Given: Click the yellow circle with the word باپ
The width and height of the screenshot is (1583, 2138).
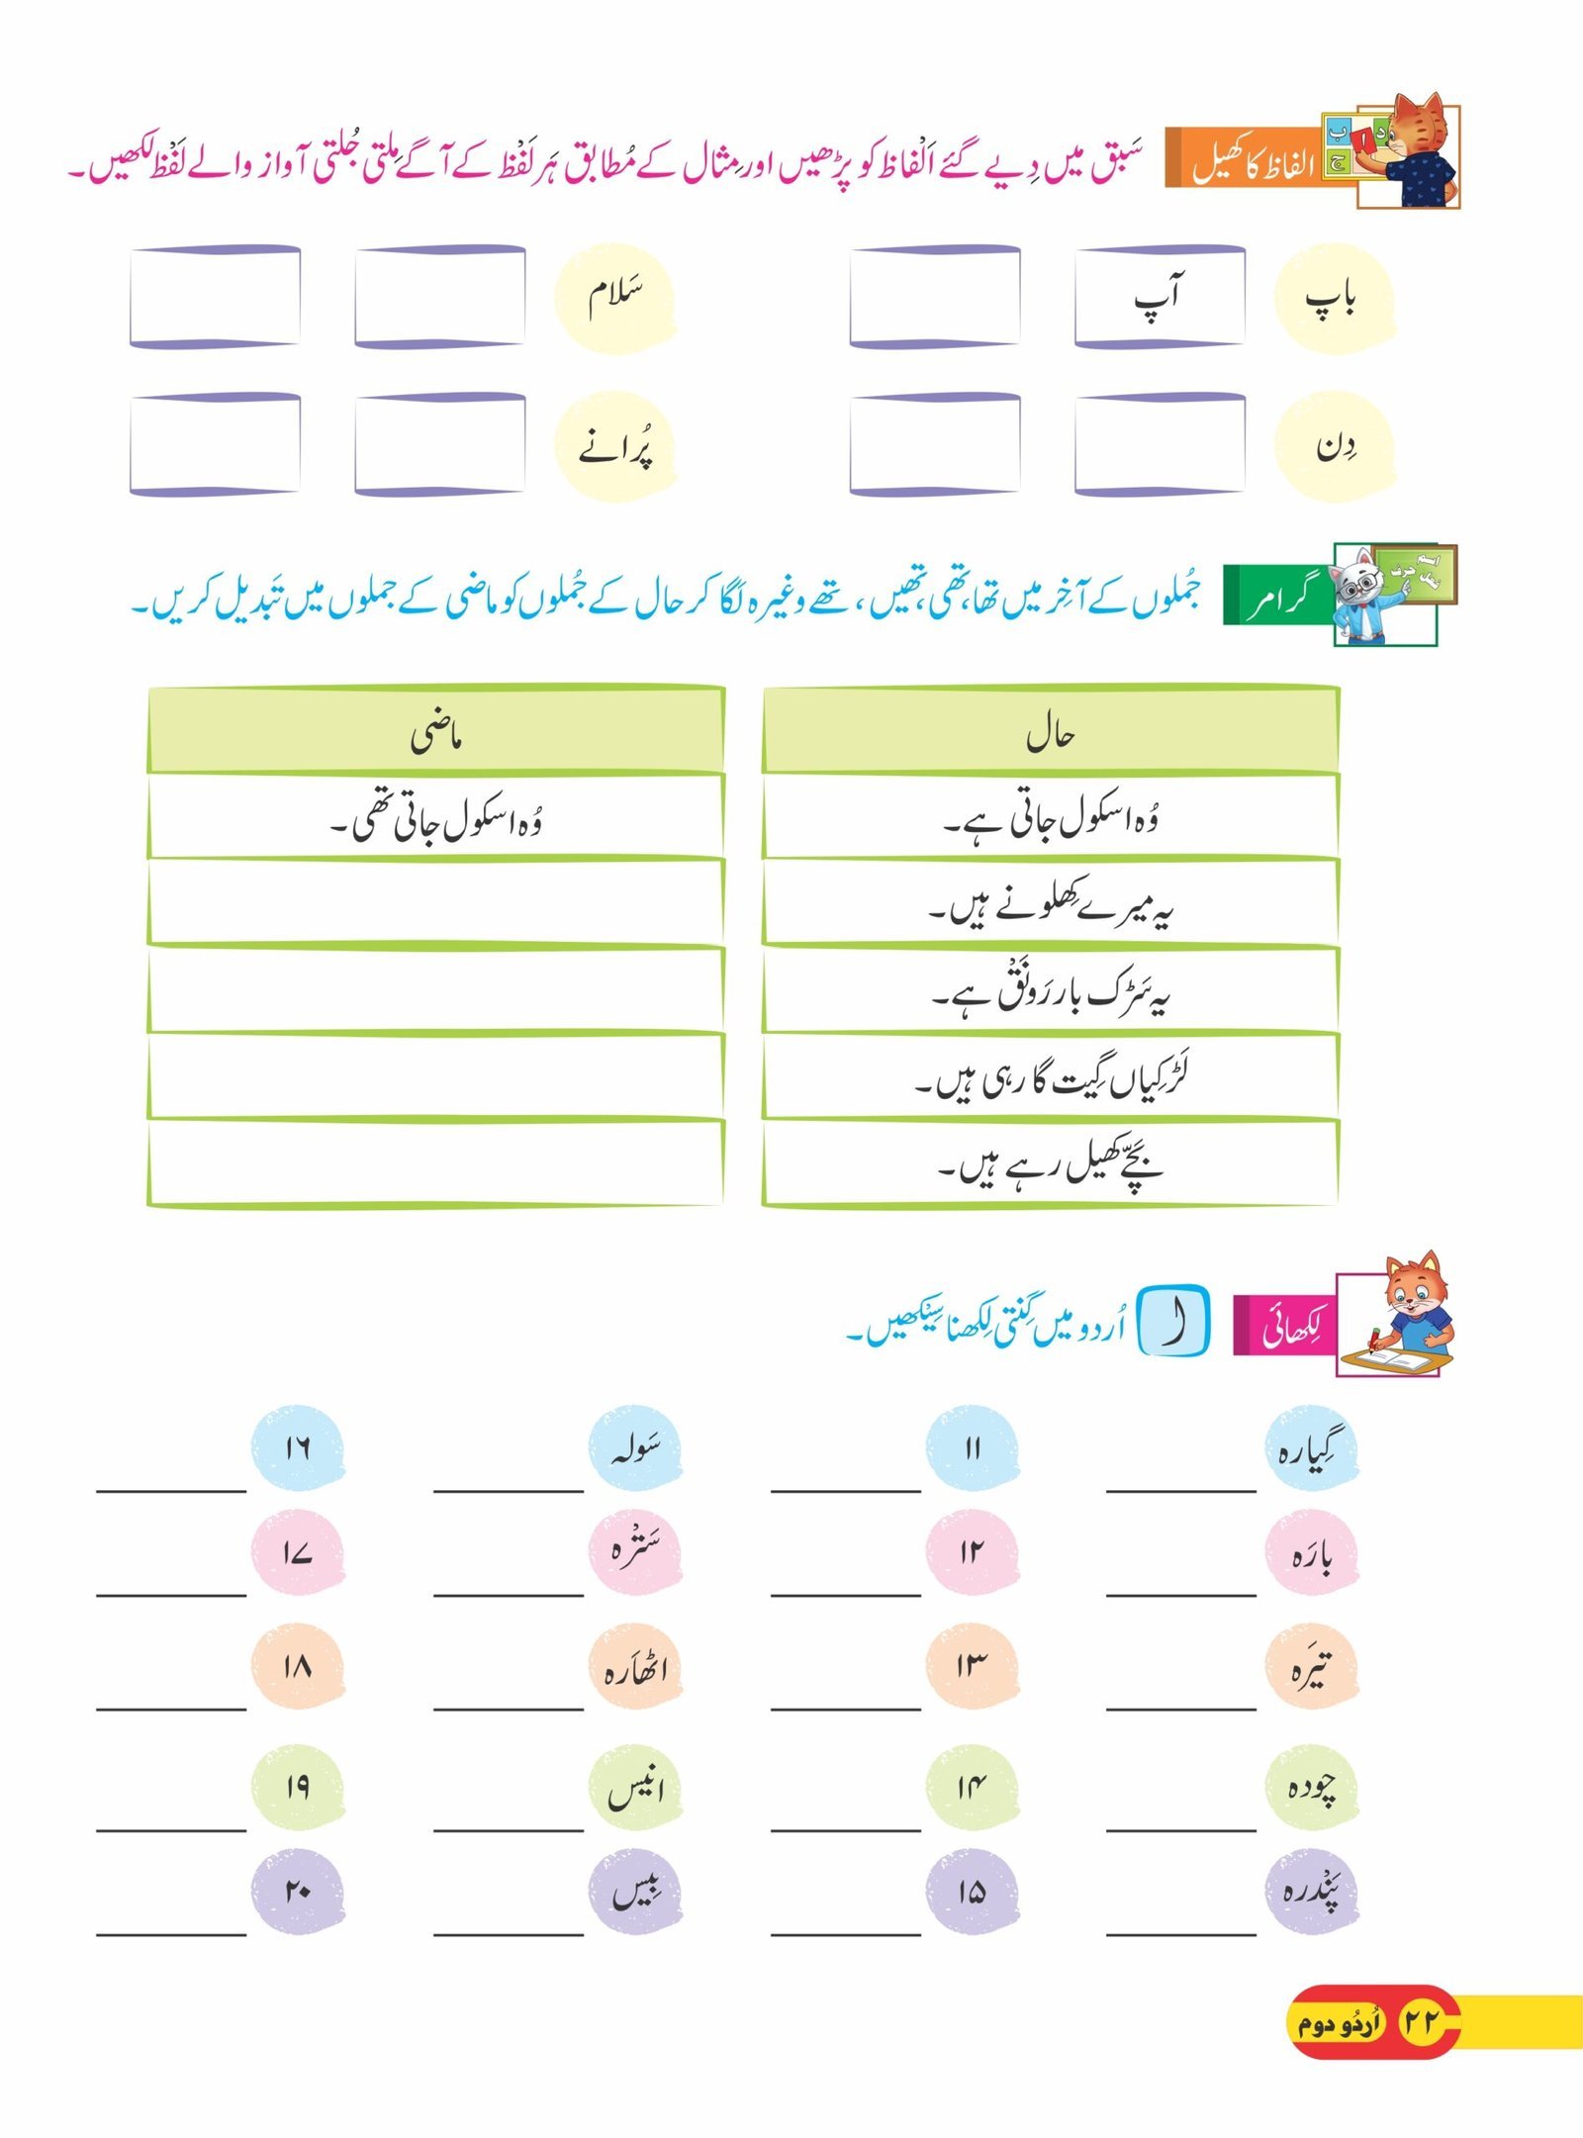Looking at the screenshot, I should (x=1335, y=298).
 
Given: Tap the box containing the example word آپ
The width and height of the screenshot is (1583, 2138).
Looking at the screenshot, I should (x=1160, y=297).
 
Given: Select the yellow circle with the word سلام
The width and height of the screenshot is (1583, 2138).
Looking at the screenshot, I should (x=615, y=298).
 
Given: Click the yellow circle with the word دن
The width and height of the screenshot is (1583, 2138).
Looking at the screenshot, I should (x=1335, y=446).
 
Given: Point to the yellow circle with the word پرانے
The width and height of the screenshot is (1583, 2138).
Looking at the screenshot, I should (x=615, y=446).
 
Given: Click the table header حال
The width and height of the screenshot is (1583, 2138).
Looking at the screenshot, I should (x=1051, y=734).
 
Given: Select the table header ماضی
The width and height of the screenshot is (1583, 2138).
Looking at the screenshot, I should (x=435, y=734).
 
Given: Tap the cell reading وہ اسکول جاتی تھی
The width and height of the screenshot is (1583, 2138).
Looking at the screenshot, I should (x=435, y=820).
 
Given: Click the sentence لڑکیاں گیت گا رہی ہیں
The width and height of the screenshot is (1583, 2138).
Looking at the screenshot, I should (x=1051, y=1078).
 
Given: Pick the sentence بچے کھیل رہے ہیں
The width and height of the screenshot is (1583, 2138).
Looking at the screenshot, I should (x=1051, y=1164).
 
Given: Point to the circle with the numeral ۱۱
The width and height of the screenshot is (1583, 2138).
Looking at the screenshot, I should (x=972, y=1447).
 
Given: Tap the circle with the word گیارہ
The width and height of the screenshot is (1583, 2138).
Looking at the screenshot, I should (x=1312, y=1447).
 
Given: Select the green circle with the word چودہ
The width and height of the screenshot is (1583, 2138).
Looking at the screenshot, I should (x=1312, y=1787).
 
